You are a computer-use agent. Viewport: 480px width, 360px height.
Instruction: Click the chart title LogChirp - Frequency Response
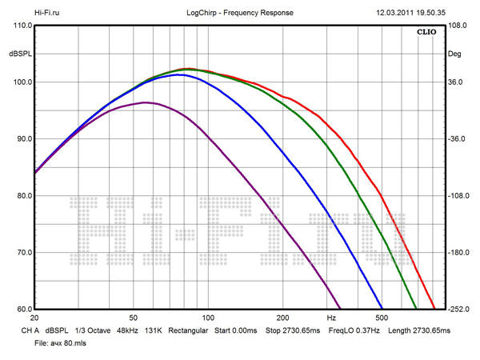pos(239,13)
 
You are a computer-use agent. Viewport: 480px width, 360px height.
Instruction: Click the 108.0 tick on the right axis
pos(457,26)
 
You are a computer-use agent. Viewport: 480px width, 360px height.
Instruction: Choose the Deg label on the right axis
pos(454,54)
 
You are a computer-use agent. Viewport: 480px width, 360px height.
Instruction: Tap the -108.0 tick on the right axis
pos(457,196)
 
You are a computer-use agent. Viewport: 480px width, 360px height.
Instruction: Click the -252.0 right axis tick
pos(457,310)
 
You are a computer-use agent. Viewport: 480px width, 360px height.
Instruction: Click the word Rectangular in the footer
pos(189,330)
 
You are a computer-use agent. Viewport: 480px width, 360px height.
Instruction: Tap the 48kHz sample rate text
pos(130,330)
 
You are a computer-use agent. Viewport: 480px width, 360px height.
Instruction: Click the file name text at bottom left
pos(49,342)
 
